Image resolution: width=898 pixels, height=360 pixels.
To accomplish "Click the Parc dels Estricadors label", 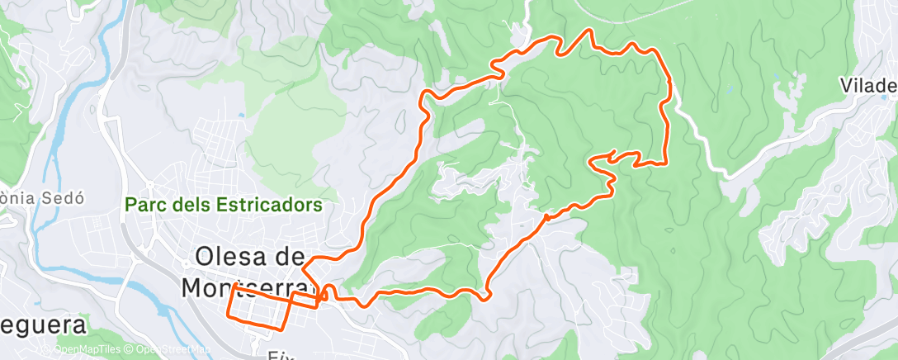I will pos(223,205).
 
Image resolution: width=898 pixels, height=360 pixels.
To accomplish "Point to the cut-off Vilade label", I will pos(868,86).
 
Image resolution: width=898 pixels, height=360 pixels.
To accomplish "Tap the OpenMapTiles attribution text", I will pos(87,349).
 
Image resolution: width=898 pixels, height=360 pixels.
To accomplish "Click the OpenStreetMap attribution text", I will pos(174,349).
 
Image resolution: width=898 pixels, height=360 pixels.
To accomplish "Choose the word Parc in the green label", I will pos(143,205).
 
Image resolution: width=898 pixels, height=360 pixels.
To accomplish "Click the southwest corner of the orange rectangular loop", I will pos(229,315).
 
